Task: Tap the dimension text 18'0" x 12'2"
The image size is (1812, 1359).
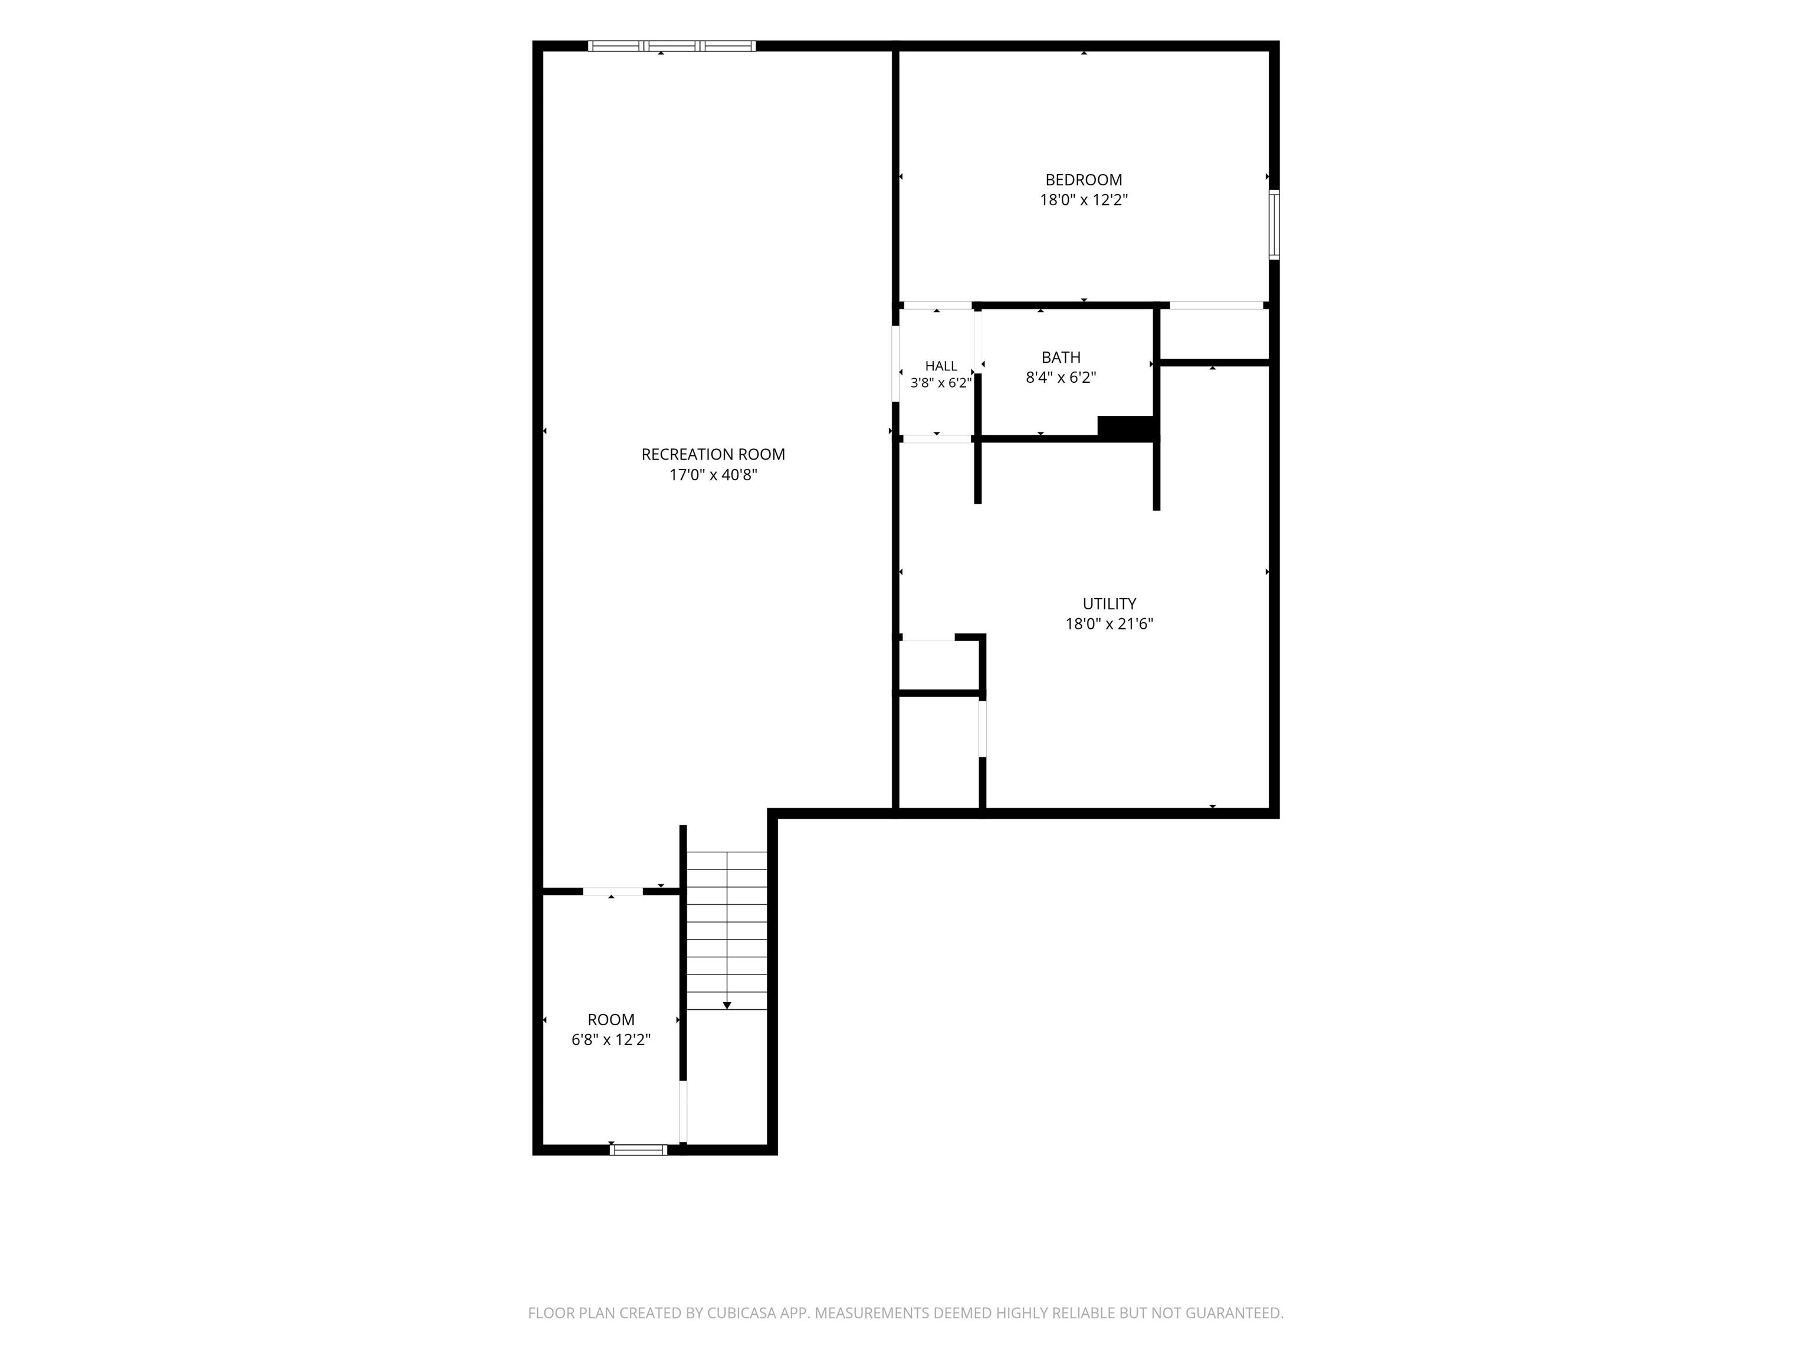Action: pos(1083,201)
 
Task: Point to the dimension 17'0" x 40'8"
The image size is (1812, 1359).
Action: pos(713,475)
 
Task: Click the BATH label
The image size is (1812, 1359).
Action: pos(1061,358)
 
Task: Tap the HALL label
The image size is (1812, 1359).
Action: pos(941,366)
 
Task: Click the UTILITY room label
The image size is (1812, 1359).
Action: pos(1109,605)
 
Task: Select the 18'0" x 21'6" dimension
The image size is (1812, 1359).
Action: pos(1109,624)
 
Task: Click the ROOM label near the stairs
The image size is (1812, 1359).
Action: pos(611,1020)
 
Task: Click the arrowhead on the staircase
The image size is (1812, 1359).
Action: pos(727,1005)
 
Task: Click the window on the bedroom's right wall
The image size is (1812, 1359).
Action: pos(1274,225)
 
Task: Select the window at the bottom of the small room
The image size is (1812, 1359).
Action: pos(638,1149)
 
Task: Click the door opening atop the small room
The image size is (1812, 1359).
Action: pos(613,891)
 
